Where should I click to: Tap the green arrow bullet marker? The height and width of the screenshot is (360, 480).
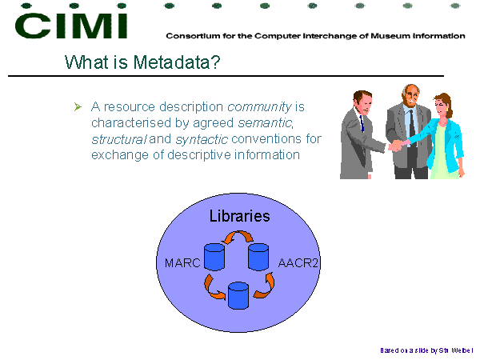[78, 107]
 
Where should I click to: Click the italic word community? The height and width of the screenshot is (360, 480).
[259, 107]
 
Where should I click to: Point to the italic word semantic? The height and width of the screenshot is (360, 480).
[265, 123]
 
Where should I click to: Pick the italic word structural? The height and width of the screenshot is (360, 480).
[119, 139]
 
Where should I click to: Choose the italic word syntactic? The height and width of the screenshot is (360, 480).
[202, 139]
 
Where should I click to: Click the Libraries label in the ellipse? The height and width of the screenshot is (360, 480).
[240, 216]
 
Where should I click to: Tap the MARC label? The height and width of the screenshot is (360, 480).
[182, 263]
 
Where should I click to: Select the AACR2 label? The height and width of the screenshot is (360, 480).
[298, 263]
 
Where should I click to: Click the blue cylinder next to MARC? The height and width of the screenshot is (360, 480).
[214, 257]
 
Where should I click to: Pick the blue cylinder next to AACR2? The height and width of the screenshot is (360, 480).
[258, 257]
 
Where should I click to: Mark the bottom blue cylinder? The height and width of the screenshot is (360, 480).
[238, 296]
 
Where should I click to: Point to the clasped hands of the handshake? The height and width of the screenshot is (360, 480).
[398, 145]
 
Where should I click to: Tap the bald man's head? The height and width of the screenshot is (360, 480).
[411, 95]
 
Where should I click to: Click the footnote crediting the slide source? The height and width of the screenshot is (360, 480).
[426, 350]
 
